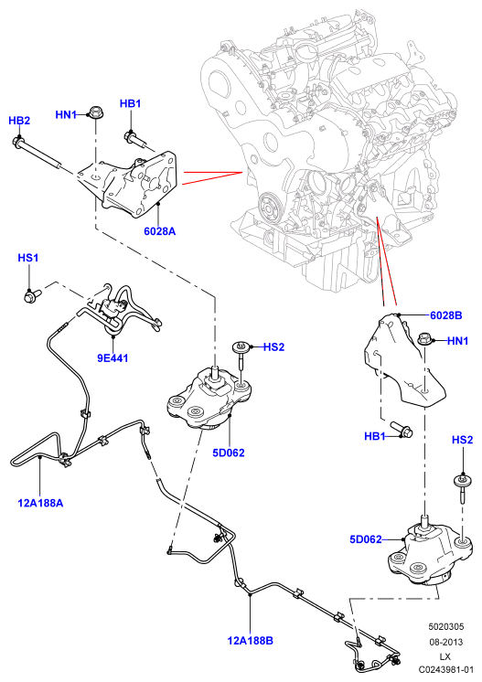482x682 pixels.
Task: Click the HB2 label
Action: pyautogui.click(x=19, y=120)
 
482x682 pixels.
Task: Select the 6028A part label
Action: pyautogui.click(x=160, y=231)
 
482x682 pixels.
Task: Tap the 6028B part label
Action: pyautogui.click(x=446, y=315)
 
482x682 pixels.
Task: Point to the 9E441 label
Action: pyautogui.click(x=112, y=358)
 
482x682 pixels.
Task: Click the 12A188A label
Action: pyautogui.click(x=40, y=503)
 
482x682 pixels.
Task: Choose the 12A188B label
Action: pyautogui.click(x=250, y=640)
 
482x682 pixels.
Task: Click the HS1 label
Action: pyautogui.click(x=27, y=258)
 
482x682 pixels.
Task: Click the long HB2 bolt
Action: pyautogui.click(x=37, y=153)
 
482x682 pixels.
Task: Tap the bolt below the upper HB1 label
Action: pyautogui.click(x=134, y=140)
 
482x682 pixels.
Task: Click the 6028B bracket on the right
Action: pyautogui.click(x=402, y=359)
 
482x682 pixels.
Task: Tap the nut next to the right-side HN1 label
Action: pyautogui.click(x=424, y=339)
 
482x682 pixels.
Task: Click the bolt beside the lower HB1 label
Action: pyautogui.click(x=402, y=429)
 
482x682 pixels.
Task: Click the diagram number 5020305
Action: pyautogui.click(x=446, y=626)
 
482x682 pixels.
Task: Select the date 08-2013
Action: pyautogui.click(x=446, y=642)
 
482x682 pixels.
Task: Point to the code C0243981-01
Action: pyautogui.click(x=446, y=670)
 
